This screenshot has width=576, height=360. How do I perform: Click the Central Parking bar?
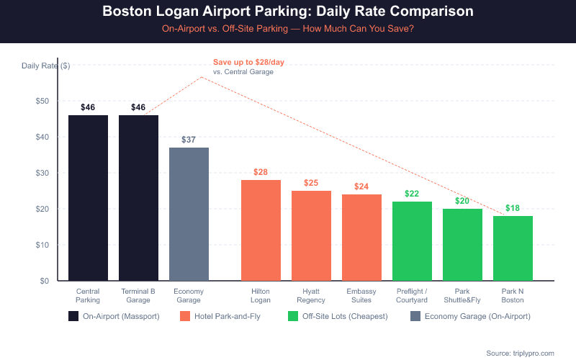88,198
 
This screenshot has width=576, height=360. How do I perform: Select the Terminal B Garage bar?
138,198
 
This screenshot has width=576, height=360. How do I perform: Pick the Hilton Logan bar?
261,230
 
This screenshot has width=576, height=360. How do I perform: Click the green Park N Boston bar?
513,248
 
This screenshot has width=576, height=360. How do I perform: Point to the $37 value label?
189,140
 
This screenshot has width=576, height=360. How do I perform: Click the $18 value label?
513,208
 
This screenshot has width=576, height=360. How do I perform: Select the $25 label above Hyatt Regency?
311,183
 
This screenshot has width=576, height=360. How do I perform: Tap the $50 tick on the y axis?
42,101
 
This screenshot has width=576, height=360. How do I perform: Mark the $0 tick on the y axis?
44,281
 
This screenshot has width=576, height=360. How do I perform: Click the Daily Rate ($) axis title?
45,66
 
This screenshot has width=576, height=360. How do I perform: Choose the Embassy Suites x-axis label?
361,295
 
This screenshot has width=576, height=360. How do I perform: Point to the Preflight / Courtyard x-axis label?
412,295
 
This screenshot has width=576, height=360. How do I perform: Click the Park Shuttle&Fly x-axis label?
462,295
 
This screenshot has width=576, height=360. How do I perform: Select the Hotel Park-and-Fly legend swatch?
185,316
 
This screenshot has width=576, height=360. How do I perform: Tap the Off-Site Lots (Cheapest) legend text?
346,316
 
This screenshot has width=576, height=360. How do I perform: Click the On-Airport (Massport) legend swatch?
73,316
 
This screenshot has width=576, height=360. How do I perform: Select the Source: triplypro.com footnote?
520,353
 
